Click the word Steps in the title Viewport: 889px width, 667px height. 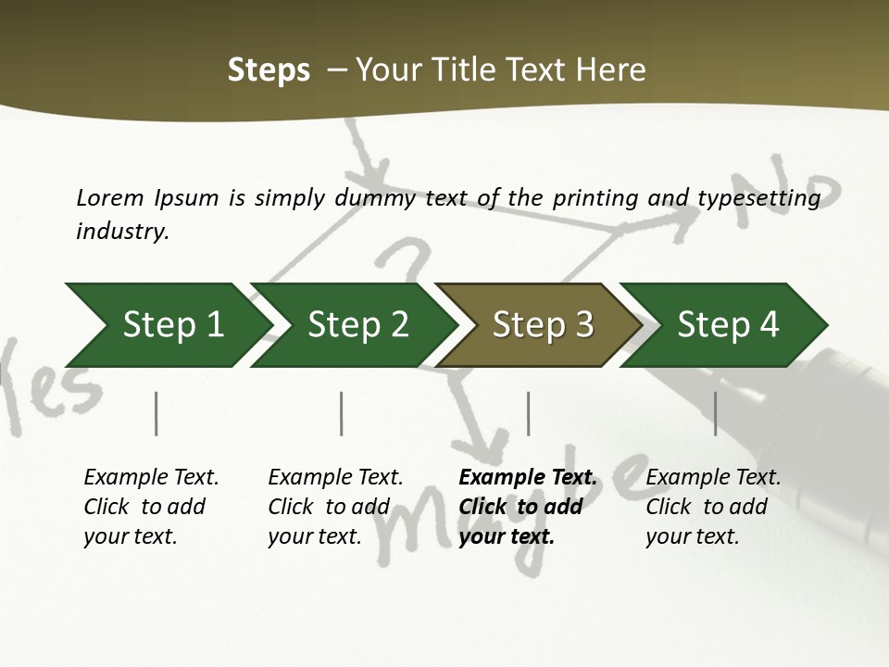point(269,69)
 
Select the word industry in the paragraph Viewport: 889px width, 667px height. point(121,231)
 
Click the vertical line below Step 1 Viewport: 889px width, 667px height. point(157,413)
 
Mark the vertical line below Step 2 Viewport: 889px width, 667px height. point(342,413)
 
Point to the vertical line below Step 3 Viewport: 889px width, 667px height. point(528,413)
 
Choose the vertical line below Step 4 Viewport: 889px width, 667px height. point(715,413)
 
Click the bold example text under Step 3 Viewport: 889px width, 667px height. point(526,507)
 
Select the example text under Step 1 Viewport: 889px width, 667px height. point(150,507)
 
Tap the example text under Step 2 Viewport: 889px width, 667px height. point(334,507)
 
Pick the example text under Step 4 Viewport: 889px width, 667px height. point(712,507)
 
